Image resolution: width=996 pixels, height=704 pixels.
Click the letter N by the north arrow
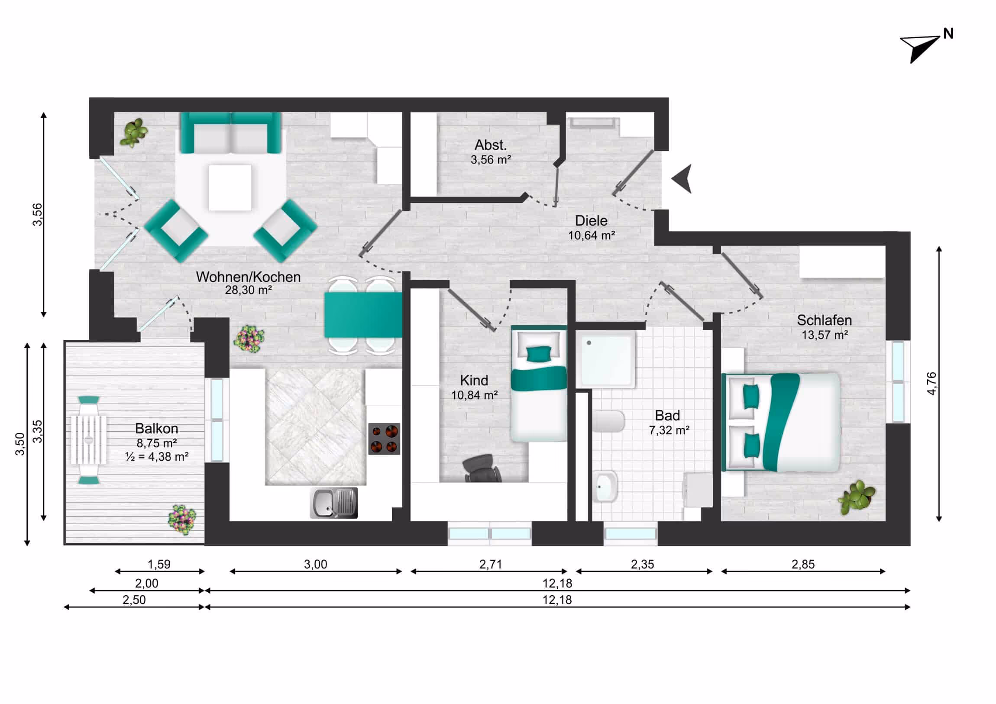coord(948,34)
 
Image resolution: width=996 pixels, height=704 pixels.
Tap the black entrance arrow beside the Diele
coord(683,179)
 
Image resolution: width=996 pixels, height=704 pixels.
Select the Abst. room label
coord(490,145)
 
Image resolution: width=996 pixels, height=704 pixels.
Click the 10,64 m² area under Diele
coord(591,236)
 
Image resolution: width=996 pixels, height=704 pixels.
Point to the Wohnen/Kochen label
coord(248,277)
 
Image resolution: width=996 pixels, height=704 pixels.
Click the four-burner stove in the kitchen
coord(385,439)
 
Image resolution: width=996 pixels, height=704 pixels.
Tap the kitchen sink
coord(333,503)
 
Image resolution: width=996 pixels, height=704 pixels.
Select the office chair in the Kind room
coord(482,468)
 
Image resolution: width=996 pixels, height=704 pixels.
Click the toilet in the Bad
coord(608,421)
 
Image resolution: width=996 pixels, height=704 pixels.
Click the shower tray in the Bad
coord(606,358)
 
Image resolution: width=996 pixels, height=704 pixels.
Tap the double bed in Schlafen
coord(781,422)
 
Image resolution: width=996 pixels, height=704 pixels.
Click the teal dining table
coord(362,315)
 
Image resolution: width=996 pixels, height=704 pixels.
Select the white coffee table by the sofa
coord(230,187)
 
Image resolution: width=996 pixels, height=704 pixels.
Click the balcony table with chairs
coord(89,440)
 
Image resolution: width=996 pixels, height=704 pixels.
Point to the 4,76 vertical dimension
coord(931,384)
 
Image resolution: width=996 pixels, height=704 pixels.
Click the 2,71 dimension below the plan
coord(490,564)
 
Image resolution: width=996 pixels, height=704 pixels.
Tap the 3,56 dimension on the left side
coord(38,214)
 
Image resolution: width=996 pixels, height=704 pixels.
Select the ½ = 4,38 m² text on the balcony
coord(157,457)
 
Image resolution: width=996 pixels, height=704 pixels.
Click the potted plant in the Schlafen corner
coord(856,497)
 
